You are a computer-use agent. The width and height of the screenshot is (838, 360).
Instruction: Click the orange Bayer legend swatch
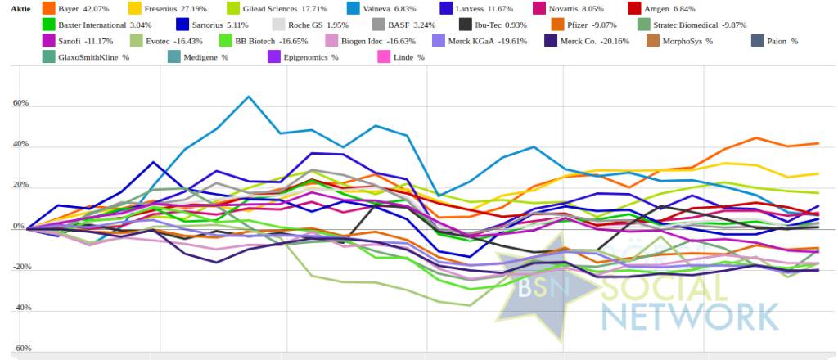click(48, 8)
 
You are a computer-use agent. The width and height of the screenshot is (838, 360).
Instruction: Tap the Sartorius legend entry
click(216, 25)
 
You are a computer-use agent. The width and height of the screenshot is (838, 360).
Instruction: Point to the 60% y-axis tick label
click(21, 105)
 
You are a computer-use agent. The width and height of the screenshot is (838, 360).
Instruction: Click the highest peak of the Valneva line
click(249, 97)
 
